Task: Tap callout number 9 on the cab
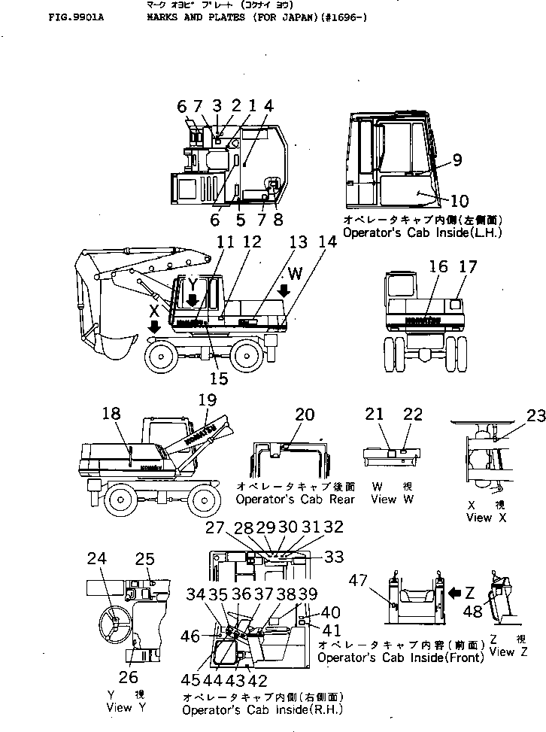(x=457, y=160)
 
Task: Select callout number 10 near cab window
(x=459, y=201)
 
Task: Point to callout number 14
(x=326, y=242)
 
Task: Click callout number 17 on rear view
(x=468, y=266)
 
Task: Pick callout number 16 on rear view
(x=438, y=266)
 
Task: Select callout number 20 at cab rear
(x=305, y=414)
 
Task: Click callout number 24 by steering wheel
(x=97, y=558)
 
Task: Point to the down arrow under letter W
(x=284, y=290)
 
